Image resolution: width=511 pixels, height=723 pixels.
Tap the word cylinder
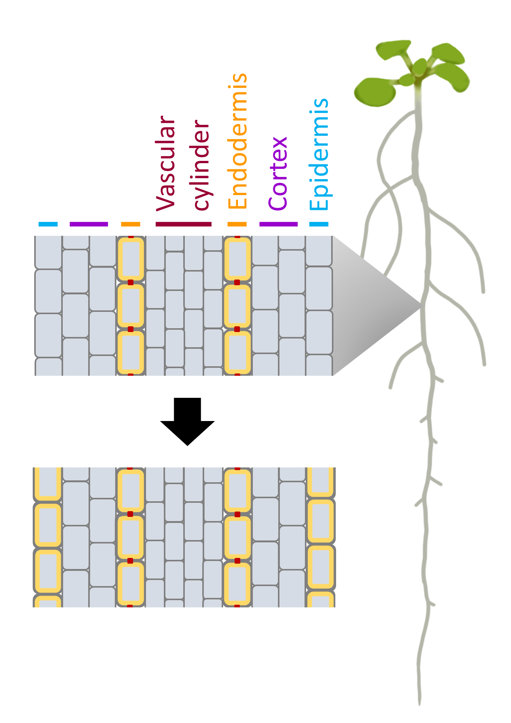[x=202, y=165]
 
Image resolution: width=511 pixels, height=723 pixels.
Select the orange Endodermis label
[x=238, y=141]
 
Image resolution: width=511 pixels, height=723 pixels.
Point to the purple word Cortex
[x=278, y=173]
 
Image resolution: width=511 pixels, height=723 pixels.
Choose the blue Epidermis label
[x=319, y=154]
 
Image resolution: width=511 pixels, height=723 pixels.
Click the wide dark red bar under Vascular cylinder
[x=183, y=224]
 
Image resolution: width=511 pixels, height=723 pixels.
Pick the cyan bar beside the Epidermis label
[x=319, y=224]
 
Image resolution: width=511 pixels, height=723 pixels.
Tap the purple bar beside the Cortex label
[x=278, y=224]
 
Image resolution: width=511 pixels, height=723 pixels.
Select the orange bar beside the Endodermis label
[x=237, y=224]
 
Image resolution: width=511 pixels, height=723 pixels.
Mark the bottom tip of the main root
[x=419, y=704]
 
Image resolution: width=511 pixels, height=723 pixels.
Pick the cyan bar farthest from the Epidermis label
[x=48, y=224]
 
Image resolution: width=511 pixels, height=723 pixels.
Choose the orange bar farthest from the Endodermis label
[x=130, y=224]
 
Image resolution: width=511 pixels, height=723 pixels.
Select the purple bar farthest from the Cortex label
[x=89, y=224]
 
